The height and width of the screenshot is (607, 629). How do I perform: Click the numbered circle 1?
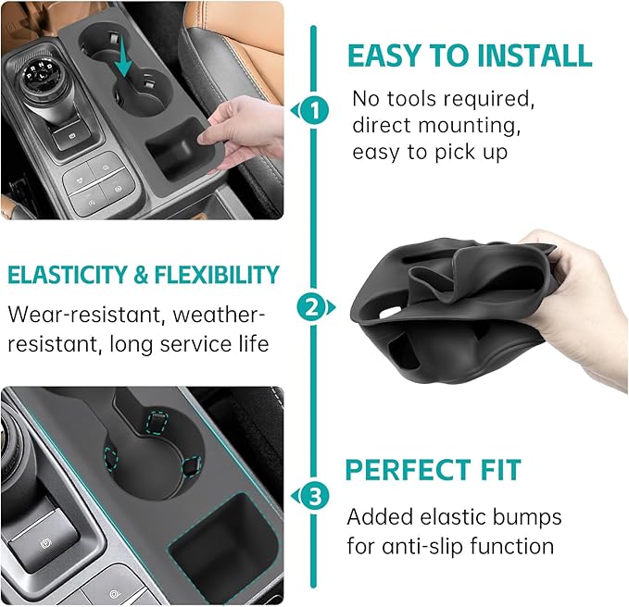pos(316,112)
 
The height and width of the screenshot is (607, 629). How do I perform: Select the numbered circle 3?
pos(316,496)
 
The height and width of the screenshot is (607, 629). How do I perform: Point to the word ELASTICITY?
pos(64,275)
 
